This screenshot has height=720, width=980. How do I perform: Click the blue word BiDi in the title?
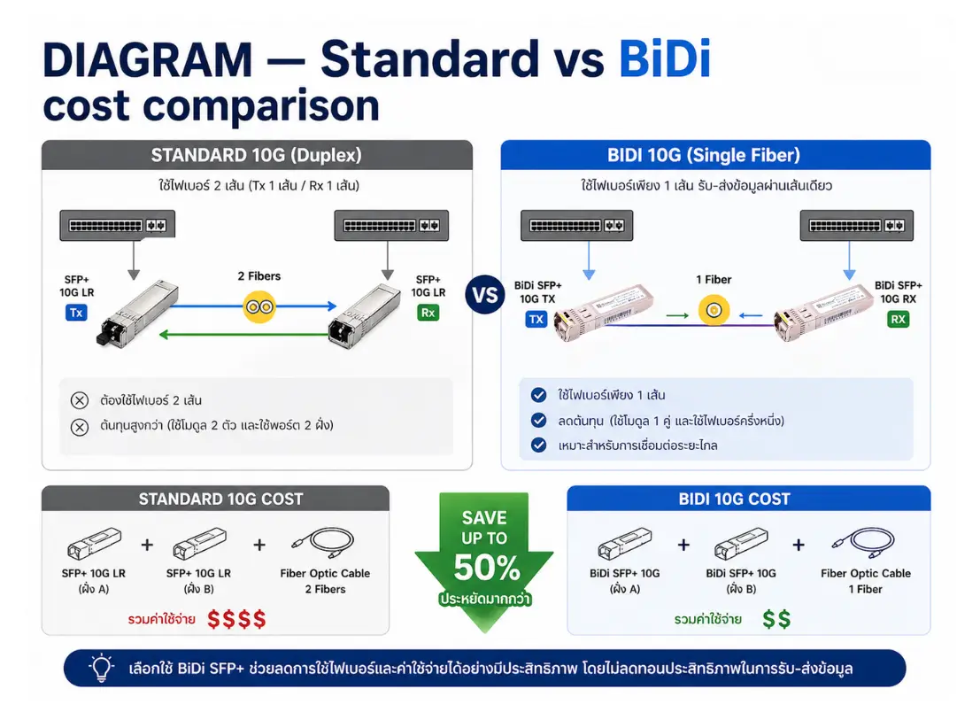[x=665, y=58]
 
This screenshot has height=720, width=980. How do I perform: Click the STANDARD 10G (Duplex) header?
[x=256, y=155]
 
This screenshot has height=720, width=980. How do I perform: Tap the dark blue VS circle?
[x=485, y=294]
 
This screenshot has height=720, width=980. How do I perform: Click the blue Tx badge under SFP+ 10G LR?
[x=76, y=313]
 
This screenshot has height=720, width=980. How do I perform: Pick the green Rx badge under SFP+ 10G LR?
[x=428, y=313]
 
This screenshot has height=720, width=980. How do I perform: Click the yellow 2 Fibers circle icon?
[x=259, y=307]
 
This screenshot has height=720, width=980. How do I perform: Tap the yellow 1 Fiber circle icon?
[x=714, y=310]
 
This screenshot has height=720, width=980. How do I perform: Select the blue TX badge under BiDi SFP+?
[x=536, y=320]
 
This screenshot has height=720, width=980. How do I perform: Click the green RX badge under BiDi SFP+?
[x=899, y=320]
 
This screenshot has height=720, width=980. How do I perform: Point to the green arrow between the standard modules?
[x=245, y=335]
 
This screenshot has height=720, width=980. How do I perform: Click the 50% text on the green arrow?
[x=487, y=568]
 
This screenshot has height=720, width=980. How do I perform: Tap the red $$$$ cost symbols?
[x=237, y=619]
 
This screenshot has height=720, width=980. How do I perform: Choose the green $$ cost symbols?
[x=777, y=619]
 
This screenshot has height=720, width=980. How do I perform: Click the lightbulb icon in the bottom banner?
[x=101, y=668]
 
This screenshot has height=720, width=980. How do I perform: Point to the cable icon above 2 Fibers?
[x=323, y=543]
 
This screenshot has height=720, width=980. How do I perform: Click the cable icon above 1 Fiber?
[x=863, y=543]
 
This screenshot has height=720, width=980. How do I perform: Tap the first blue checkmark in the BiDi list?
[x=538, y=394]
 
